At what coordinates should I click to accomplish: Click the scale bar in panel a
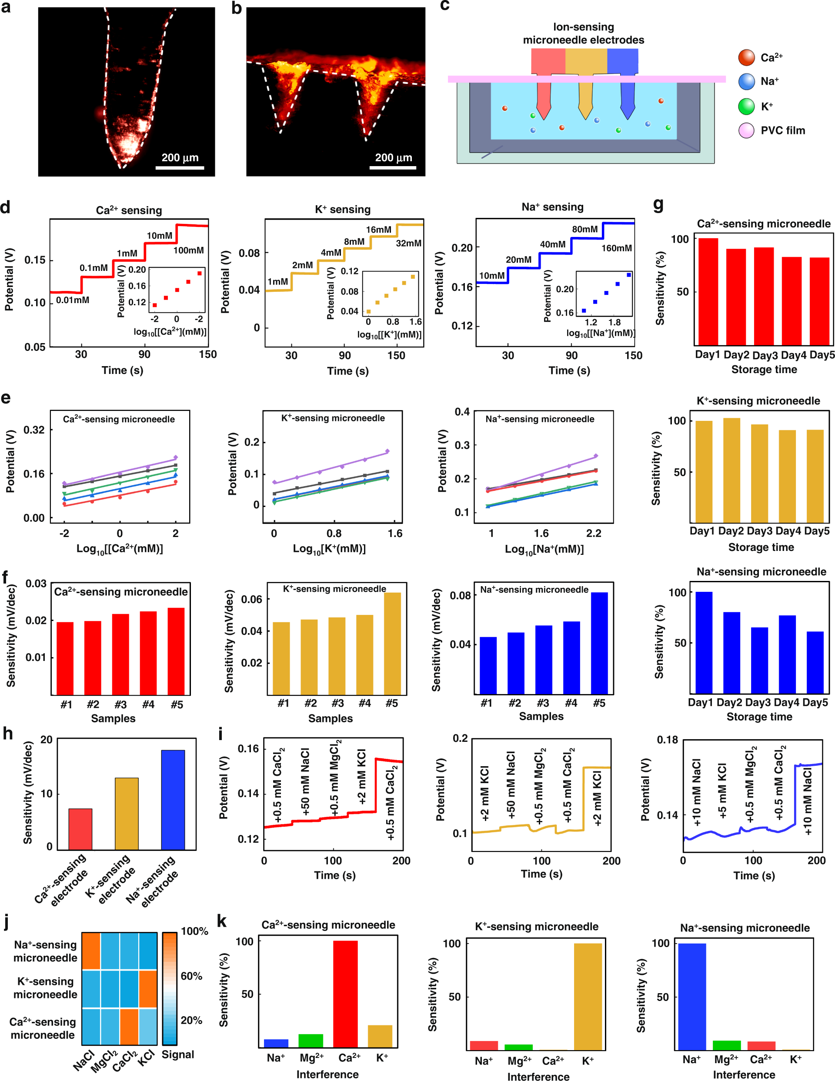click(x=180, y=167)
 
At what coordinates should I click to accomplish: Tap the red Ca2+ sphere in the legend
click(x=746, y=57)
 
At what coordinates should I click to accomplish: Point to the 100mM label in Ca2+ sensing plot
click(x=188, y=250)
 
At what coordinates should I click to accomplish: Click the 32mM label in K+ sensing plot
click(x=408, y=243)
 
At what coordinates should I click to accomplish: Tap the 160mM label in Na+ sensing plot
click(x=616, y=248)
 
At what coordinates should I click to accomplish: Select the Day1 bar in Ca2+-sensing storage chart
click(x=708, y=291)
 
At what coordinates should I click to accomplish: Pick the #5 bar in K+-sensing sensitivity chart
click(x=392, y=644)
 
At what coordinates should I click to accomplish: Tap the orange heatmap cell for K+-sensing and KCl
click(x=148, y=988)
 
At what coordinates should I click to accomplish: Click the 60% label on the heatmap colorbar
click(x=191, y=976)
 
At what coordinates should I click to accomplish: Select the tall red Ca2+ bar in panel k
click(x=345, y=994)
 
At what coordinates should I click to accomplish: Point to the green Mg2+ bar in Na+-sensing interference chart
click(x=726, y=1045)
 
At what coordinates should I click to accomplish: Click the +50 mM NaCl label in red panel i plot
click(x=305, y=781)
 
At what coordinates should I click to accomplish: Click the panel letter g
click(x=658, y=204)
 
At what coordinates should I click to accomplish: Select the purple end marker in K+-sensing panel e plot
click(x=387, y=451)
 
